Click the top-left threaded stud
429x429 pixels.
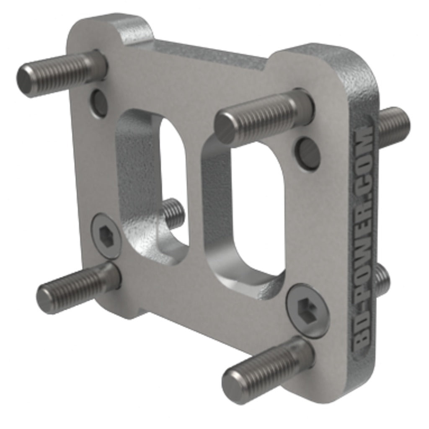coord(59,73)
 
